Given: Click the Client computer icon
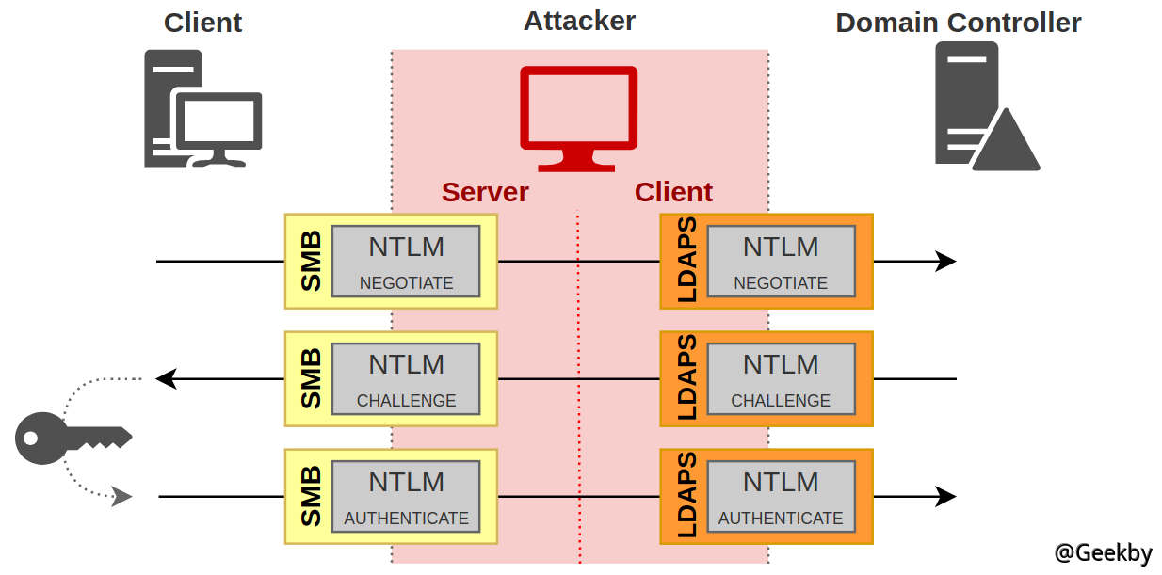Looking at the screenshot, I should point(202,109).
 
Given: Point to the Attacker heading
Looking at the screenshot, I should point(579,20).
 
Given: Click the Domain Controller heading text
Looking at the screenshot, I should point(958,23).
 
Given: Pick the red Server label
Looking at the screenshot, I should point(485,192).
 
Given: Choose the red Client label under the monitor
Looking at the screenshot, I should point(673,192).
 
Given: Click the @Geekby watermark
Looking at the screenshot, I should point(1103,553).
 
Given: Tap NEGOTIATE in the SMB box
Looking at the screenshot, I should point(406,282).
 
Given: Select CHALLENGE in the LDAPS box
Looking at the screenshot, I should point(781,400).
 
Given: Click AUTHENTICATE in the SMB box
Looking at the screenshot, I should point(406,518).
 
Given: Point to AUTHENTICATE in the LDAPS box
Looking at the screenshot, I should point(781,518).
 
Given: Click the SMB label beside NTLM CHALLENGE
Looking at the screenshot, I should point(311,378).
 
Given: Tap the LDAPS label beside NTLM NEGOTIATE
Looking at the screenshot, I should point(686,261).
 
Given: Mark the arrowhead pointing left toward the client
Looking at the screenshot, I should point(166,379).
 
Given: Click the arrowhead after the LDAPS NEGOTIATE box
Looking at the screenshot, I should point(945,262).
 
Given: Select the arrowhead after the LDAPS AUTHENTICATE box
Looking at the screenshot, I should point(945,496).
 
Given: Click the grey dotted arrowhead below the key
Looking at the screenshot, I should point(121,497).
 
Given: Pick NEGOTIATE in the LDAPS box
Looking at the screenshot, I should point(781,282).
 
